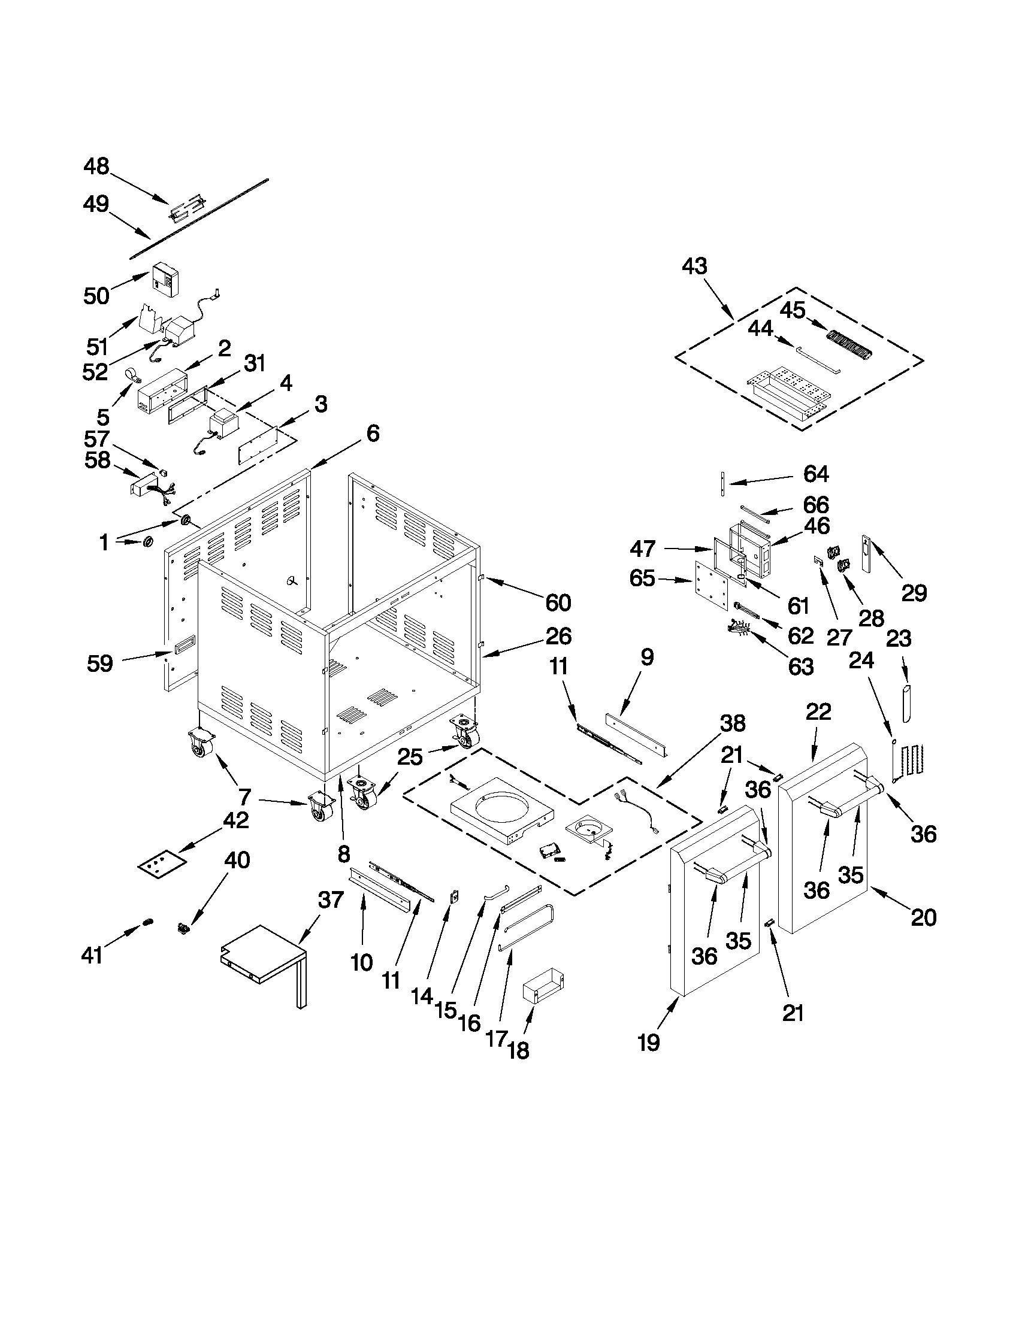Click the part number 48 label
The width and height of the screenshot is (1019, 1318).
click(x=96, y=166)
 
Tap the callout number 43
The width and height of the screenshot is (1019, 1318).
click(x=694, y=266)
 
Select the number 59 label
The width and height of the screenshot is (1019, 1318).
click(x=100, y=664)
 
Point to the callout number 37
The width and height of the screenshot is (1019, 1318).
click(x=331, y=917)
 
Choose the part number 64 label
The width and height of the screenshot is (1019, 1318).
click(x=816, y=474)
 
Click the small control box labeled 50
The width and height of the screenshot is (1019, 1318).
click(x=165, y=279)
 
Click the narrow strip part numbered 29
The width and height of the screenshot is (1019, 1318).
click(x=866, y=553)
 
